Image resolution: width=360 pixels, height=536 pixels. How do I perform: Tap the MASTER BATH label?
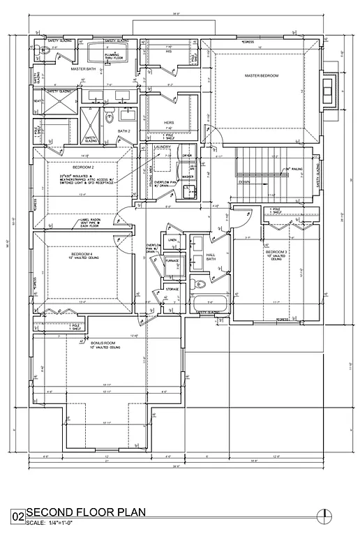coord(83,69)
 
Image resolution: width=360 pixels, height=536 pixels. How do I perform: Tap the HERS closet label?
coord(167,122)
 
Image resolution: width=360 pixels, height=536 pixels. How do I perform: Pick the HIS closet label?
coord(167,51)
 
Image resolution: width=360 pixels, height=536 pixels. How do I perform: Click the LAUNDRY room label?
coord(162,147)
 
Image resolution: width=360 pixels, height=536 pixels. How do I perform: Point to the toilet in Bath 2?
coord(110,117)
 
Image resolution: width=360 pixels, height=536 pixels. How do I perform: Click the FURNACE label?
coord(172,261)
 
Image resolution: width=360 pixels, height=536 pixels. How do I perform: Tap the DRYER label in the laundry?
coord(187,156)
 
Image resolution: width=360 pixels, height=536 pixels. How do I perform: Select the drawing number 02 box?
coord(17,517)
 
